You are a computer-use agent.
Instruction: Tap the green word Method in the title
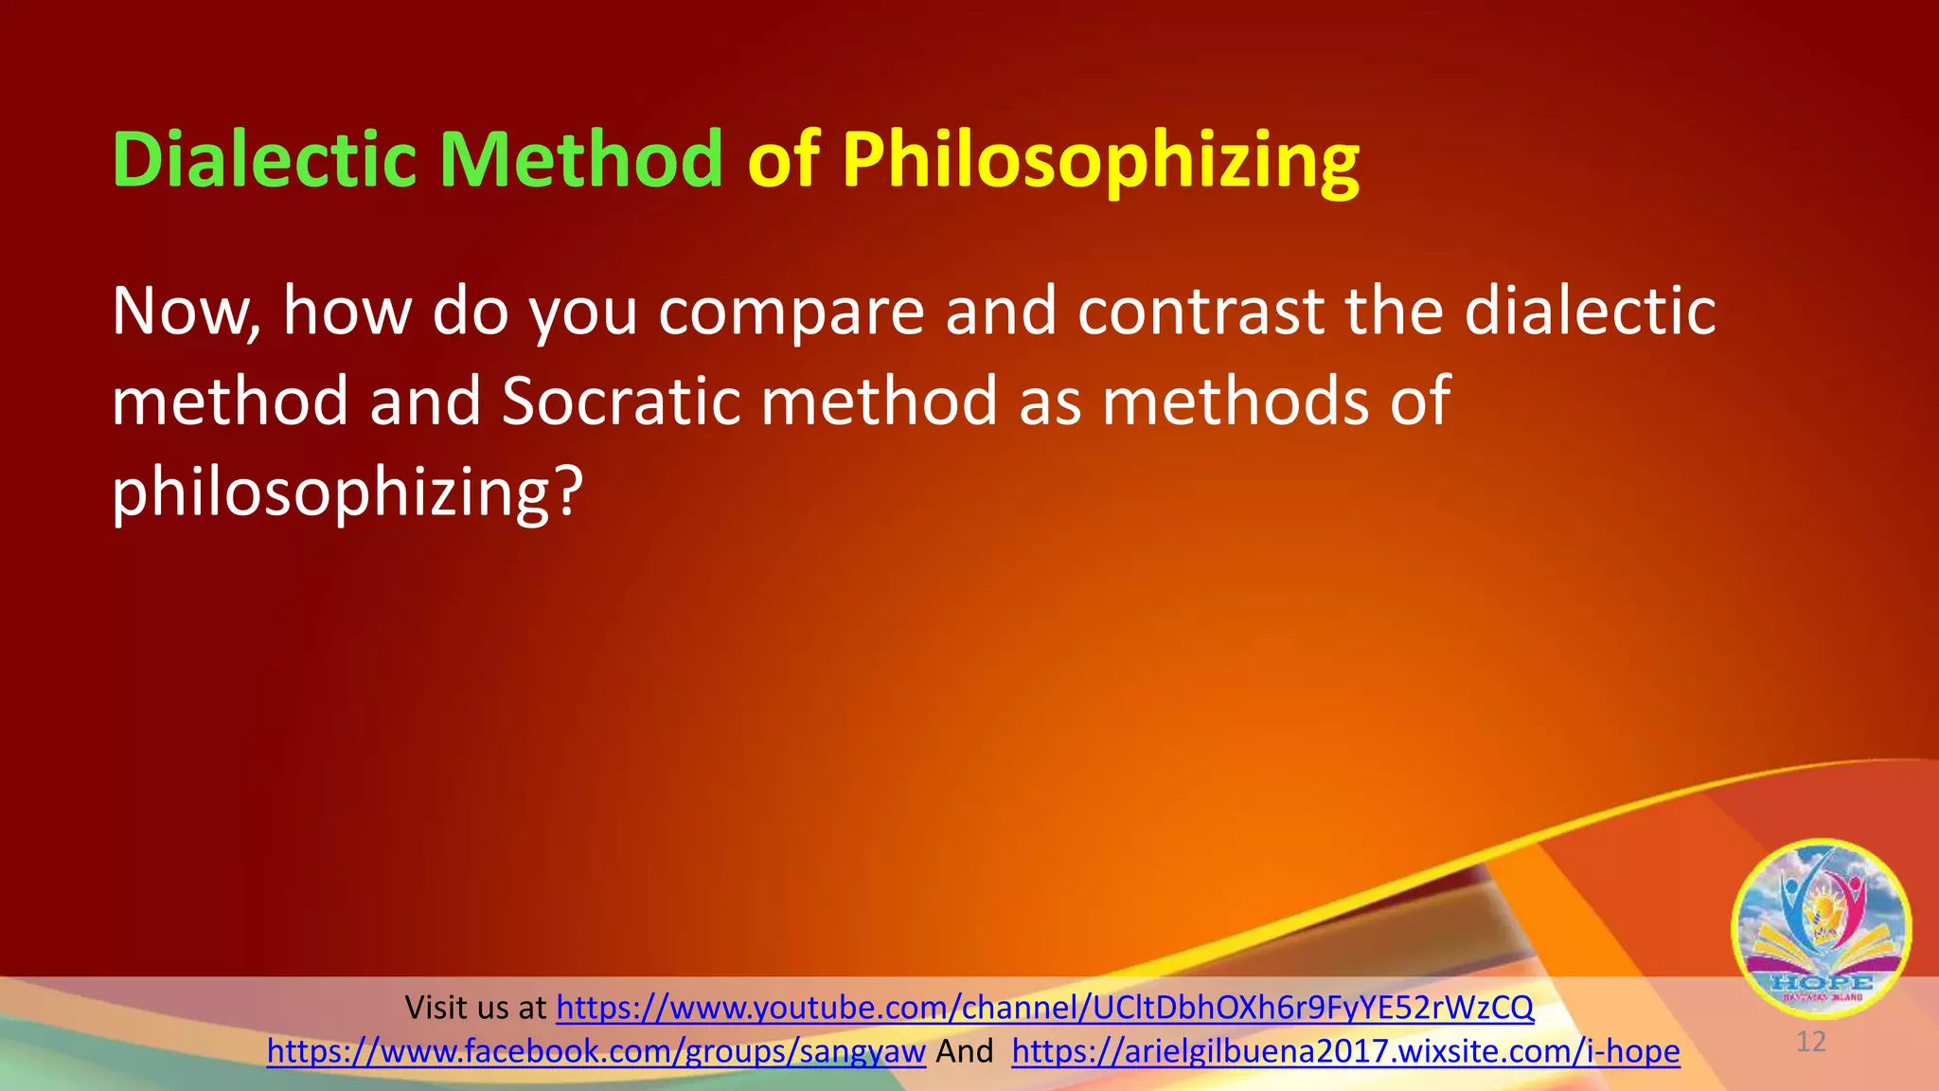[x=581, y=159]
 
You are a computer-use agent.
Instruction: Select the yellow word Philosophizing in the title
[x=1100, y=161]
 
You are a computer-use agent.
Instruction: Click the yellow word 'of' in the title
[x=783, y=159]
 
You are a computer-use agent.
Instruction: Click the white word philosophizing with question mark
[x=347, y=492]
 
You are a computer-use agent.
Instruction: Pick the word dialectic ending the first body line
[x=1591, y=312]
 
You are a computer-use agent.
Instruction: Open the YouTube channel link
[x=1044, y=1008]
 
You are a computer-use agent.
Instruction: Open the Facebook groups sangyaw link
[x=596, y=1051]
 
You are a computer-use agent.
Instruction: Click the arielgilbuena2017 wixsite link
[x=1345, y=1051]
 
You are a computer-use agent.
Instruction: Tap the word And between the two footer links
[x=964, y=1051]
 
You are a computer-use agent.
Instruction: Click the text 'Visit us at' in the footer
[x=475, y=1008]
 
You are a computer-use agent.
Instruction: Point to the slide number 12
[x=1810, y=1043]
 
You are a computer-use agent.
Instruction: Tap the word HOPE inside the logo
[x=1821, y=982]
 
